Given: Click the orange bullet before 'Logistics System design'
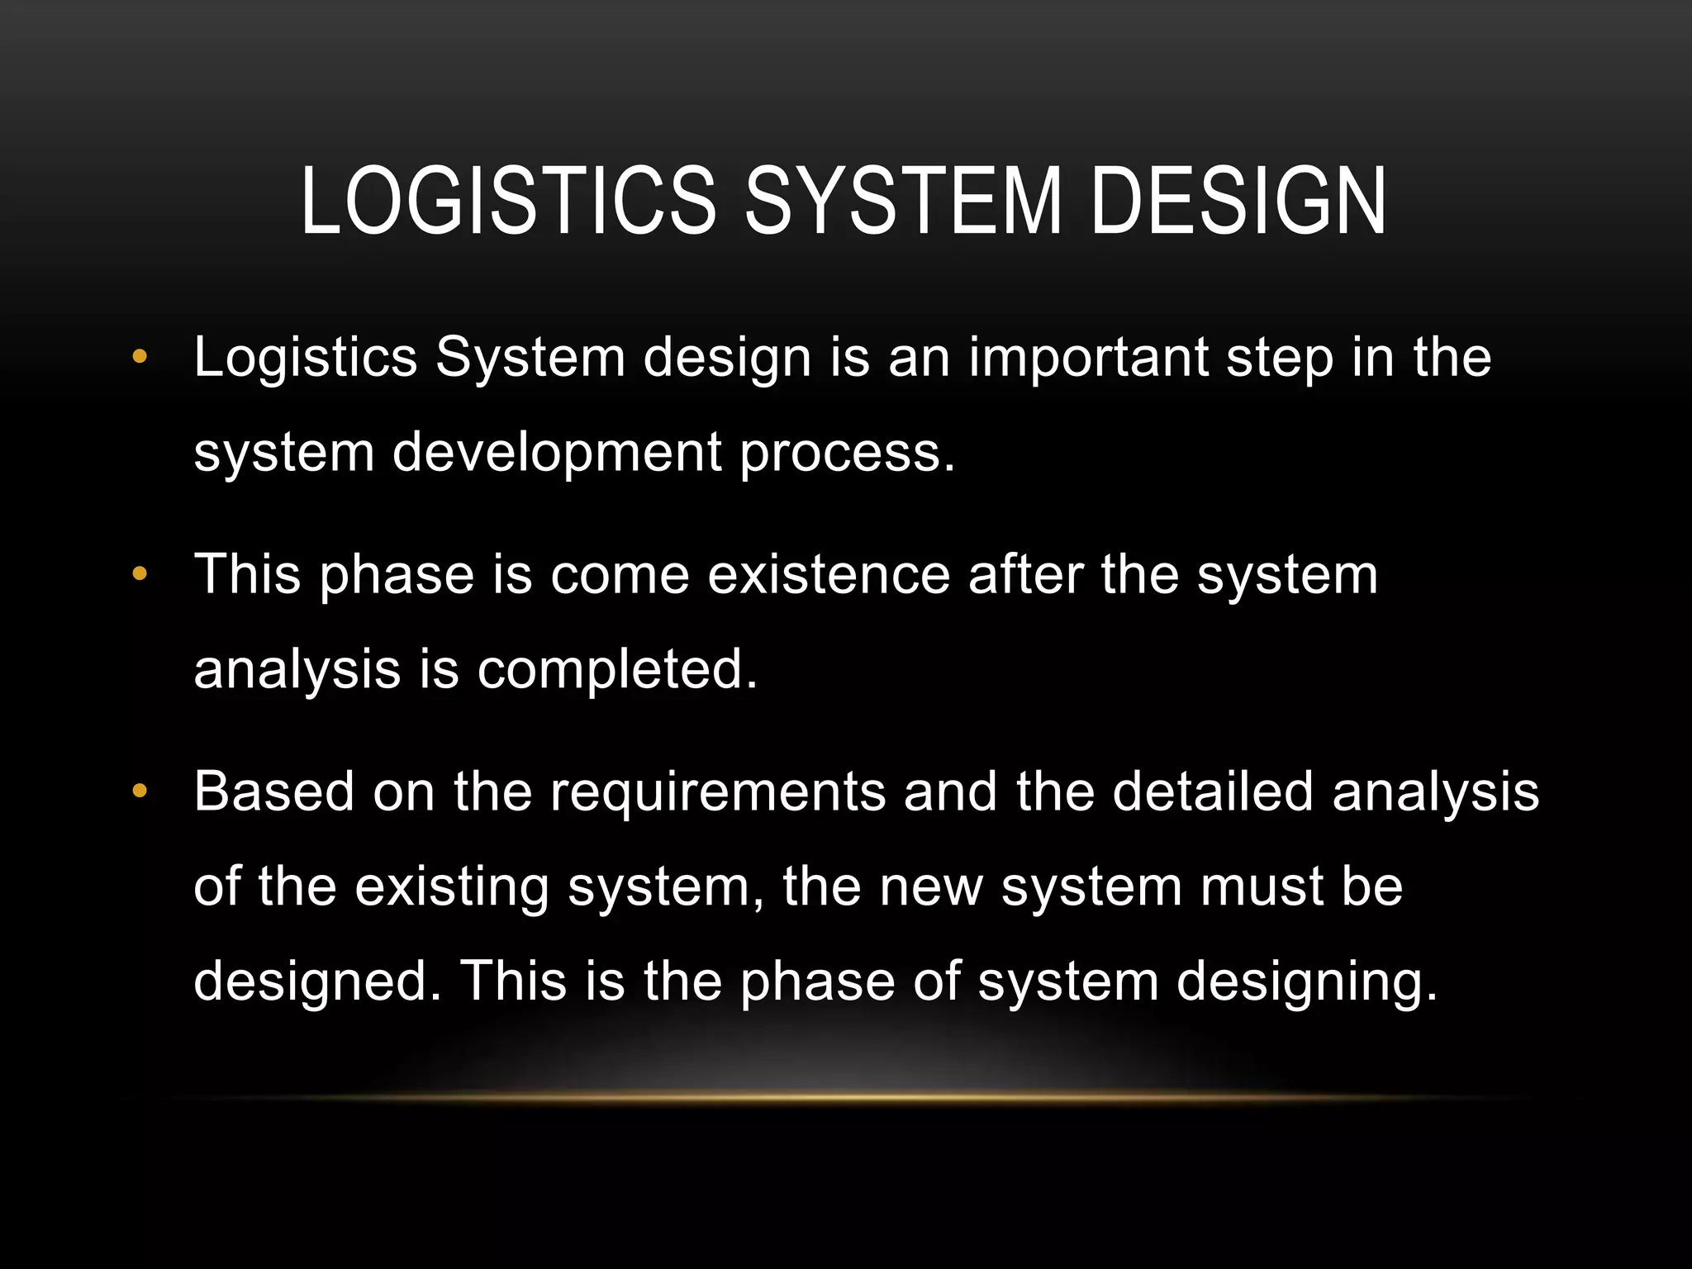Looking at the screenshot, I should [139, 357].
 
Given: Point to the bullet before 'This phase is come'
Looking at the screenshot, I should [139, 573].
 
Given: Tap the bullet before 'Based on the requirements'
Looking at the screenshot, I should [139, 791].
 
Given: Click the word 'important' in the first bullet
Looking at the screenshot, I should [1088, 359].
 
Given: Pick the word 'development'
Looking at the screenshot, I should [557, 454].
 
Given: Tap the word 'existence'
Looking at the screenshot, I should [829, 574].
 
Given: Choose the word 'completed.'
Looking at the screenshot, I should [617, 669].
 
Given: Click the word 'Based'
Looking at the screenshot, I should [273, 791].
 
